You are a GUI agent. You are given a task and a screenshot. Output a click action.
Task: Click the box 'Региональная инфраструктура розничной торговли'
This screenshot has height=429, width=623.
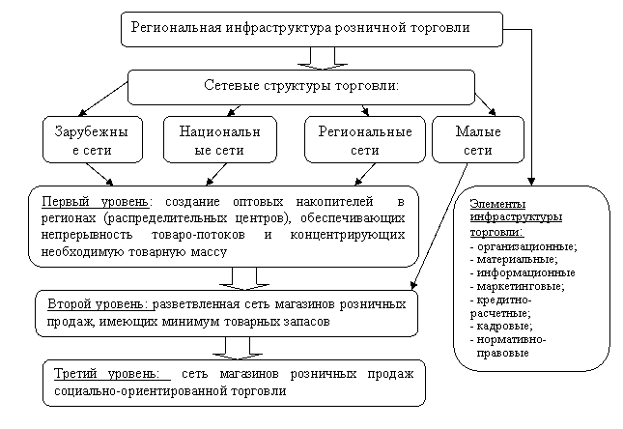click(x=311, y=29)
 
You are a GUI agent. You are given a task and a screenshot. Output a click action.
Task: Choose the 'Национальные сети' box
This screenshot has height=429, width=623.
click(x=220, y=141)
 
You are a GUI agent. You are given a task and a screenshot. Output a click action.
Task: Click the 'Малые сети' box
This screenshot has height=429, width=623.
click(x=477, y=141)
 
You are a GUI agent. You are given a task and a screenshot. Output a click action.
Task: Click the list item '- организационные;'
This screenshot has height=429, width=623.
click(x=521, y=247)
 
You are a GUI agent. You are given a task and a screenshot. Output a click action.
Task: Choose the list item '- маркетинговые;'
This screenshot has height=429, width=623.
click(x=517, y=287)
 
